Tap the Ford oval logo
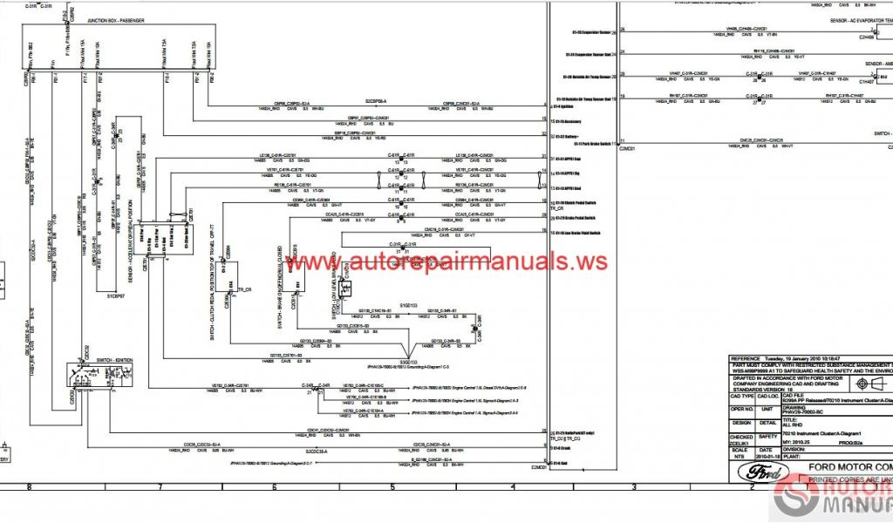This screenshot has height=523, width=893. click(x=756, y=472)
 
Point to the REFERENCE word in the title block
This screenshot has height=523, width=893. click(x=746, y=358)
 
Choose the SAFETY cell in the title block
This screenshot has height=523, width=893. click(x=767, y=436)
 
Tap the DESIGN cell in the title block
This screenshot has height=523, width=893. click(x=741, y=422)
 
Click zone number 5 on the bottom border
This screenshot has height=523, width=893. click(x=392, y=487)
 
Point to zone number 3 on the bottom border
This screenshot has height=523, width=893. click(x=625, y=487)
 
